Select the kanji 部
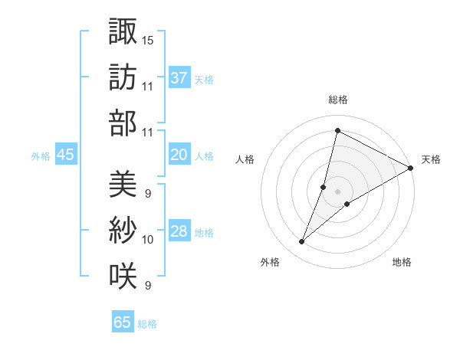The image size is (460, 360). (x=123, y=123)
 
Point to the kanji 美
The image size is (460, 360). (x=123, y=184)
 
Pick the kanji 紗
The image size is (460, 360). (x=123, y=230)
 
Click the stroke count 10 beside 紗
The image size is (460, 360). (x=147, y=240)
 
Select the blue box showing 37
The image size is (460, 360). (x=179, y=77)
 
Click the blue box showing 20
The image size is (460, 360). (x=179, y=155)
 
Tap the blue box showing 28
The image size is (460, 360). (x=179, y=232)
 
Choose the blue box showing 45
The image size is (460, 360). (x=66, y=155)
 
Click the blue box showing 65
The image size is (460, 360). (x=123, y=322)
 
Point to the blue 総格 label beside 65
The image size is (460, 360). (x=147, y=324)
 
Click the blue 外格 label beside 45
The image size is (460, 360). (x=41, y=156)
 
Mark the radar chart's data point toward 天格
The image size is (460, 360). (x=410, y=169)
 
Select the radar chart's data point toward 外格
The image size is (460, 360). (x=302, y=242)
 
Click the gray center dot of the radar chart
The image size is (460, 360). (x=337, y=191)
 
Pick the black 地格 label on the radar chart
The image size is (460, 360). (x=402, y=262)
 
